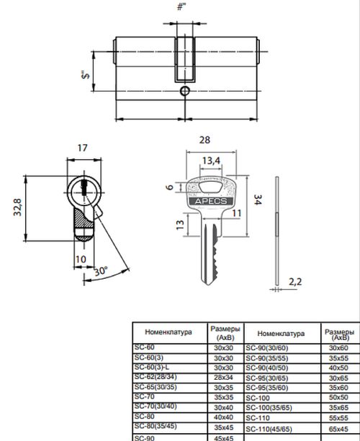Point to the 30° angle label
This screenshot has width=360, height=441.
coord(101,272)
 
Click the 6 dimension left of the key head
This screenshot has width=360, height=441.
coord(170,187)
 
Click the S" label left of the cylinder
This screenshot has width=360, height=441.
coord(84,73)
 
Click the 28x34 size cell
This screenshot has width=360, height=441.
coord(224,377)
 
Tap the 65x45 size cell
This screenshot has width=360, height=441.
coord(337,427)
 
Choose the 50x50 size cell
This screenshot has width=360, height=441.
coord(337,397)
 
